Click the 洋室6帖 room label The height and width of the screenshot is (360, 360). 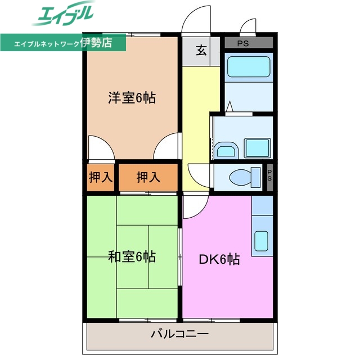(x=132, y=97)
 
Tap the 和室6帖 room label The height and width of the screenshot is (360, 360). (x=132, y=258)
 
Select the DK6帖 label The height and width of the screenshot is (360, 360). (x=219, y=259)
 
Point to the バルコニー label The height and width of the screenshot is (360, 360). (x=179, y=334)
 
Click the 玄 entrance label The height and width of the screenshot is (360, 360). (x=201, y=50)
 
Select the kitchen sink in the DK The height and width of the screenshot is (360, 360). (x=261, y=241)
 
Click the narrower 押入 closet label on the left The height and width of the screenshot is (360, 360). (x=101, y=178)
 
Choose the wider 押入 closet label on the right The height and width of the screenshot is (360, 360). (x=148, y=178)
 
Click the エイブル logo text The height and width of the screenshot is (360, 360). (x=64, y=15)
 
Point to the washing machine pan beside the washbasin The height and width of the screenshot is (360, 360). (x=258, y=148)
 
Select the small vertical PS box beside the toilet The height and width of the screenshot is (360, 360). (x=269, y=176)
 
